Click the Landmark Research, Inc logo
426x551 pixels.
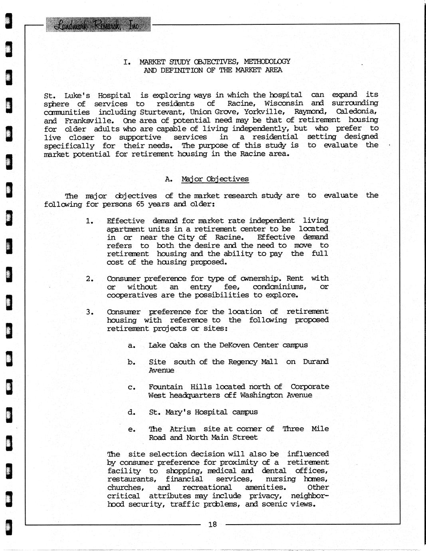pyautogui.click(x=99, y=25)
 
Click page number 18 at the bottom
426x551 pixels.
pyautogui.click(x=212, y=524)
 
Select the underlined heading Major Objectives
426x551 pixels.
pyautogui.click(x=215, y=179)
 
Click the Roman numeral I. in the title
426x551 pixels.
pyautogui.click(x=127, y=62)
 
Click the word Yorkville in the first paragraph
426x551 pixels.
pyautogui.click(x=264, y=112)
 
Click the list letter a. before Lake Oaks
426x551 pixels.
pyautogui.click(x=131, y=345)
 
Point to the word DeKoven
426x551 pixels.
pyautogui.click(x=234, y=345)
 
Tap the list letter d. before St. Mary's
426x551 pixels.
pyautogui.click(x=131, y=412)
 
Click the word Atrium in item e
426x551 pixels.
pyautogui.click(x=182, y=429)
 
